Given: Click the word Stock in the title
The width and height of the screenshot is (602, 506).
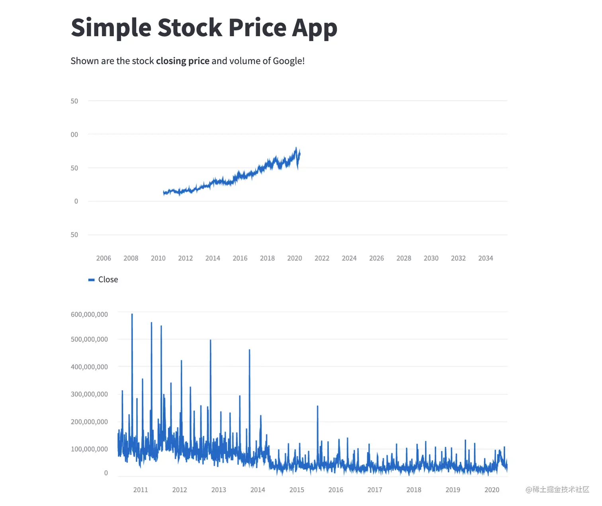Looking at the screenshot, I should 190,28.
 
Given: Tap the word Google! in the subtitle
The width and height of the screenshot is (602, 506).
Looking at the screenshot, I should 289,61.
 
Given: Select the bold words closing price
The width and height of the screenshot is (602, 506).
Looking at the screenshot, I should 183,61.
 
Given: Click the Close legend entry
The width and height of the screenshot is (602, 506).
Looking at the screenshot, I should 107,279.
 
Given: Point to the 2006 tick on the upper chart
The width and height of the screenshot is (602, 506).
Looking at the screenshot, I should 104,258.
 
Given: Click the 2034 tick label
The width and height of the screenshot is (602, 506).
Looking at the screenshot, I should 485,258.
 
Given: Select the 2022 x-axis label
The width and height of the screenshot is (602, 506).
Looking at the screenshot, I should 322,258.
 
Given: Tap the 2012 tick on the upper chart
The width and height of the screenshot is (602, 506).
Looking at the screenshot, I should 185,258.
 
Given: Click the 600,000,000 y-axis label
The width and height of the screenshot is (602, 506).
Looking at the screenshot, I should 89,315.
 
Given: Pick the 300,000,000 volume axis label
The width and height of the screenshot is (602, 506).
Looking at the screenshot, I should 89,394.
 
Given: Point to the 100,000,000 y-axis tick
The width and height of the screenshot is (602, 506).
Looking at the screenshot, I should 89,449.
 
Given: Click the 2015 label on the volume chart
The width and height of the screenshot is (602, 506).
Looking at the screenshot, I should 297,490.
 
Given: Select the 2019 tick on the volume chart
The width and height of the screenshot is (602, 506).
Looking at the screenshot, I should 453,490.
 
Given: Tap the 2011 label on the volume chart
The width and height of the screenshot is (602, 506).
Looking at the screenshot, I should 141,490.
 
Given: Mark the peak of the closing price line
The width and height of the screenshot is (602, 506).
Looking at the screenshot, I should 296,148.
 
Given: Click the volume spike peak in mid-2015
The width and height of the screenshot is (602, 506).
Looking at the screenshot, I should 317,406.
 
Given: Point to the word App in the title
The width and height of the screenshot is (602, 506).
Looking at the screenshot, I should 315,28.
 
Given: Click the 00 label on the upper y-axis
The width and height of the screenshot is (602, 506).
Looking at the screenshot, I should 74,135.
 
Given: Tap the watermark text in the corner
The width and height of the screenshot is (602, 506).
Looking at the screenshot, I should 557,490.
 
